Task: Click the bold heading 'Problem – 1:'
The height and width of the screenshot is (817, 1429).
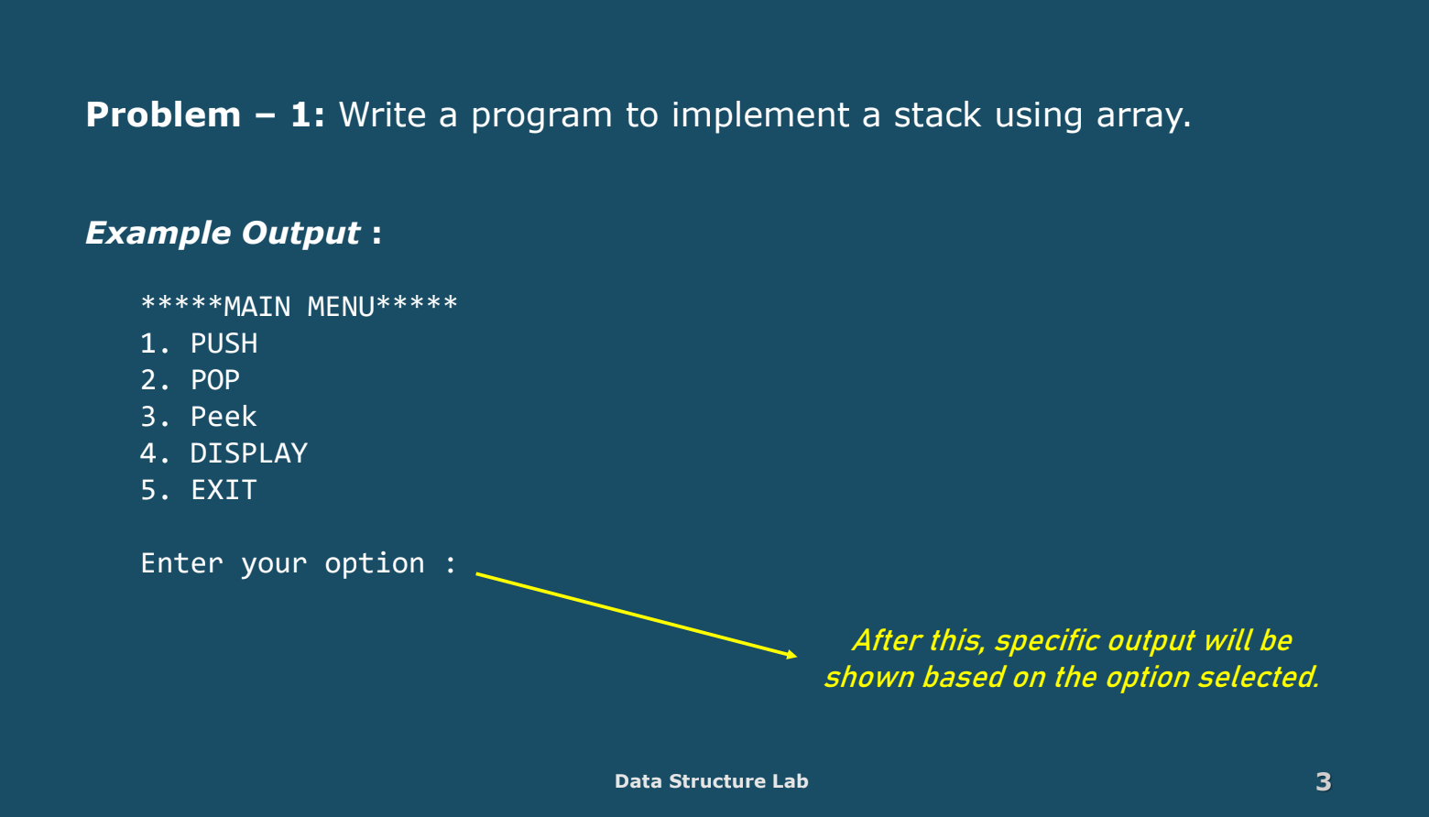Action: (204, 115)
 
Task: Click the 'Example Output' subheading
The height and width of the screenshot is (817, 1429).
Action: (223, 233)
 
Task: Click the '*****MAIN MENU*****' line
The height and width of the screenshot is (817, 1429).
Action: (299, 306)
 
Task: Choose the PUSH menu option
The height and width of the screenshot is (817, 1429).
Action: (224, 343)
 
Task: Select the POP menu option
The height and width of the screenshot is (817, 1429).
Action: (214, 380)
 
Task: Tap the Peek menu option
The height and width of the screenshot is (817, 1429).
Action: (223, 417)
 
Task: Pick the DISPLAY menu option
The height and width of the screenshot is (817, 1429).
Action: (248, 453)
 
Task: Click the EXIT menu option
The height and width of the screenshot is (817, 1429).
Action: (224, 490)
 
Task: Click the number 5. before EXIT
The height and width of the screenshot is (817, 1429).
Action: (154, 490)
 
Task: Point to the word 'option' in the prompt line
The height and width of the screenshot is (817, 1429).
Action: (374, 564)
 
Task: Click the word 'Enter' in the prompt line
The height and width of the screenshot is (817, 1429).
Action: (181, 563)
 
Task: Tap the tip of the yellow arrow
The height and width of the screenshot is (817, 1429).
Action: (794, 656)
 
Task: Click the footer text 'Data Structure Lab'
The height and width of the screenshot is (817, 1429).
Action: (711, 781)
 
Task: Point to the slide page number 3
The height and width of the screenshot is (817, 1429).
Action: (1323, 781)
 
